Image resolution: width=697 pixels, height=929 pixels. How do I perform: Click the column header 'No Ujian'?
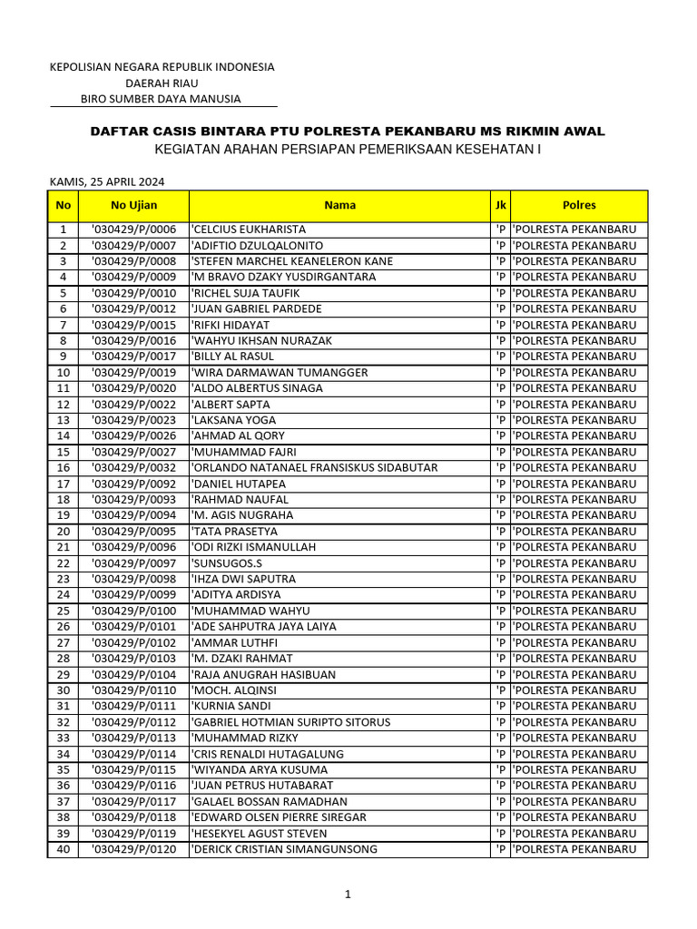pos(133,205)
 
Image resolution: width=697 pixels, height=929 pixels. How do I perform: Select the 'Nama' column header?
pos(339,205)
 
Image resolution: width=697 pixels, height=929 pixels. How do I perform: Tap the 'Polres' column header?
pos(579,205)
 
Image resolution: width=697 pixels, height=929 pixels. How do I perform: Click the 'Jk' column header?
pos(500,205)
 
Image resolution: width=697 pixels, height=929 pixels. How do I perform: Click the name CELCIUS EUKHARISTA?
pos(249,230)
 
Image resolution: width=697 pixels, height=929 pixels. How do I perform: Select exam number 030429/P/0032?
pos(133,467)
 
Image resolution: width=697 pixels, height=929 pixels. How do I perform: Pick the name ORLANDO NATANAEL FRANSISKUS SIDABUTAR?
pos(314,467)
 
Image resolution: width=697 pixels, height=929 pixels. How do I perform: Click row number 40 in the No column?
pos(64,849)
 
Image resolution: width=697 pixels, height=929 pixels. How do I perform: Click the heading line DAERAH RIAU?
pos(162,83)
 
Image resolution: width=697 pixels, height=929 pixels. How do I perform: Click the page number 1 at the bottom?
pos(348,894)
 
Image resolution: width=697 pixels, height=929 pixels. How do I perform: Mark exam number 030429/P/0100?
pos(133,611)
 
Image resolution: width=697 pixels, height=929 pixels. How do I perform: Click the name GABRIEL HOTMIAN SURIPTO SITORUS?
pos(290,722)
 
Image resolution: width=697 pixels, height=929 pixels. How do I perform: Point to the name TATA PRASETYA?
pos(235,531)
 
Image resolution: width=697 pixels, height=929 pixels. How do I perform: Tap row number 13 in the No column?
pos(64,420)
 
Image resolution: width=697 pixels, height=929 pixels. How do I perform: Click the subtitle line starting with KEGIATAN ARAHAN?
pos(348,149)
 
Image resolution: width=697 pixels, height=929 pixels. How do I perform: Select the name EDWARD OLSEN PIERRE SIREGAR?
pos(279,817)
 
